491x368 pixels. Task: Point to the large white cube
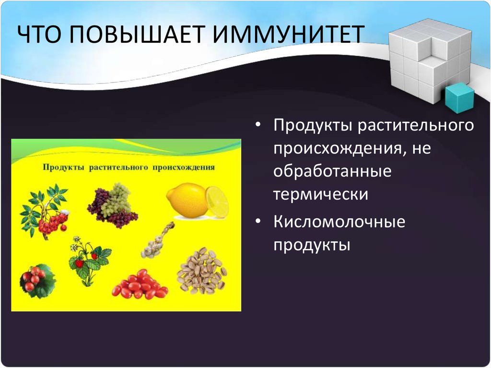[430, 59]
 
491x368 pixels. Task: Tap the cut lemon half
[217, 202]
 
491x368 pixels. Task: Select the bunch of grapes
[112, 206]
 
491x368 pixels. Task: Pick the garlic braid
[158, 240]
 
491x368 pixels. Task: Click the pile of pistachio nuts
[202, 271]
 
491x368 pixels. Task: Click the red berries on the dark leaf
[37, 281]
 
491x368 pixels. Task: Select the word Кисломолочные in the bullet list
[339, 222]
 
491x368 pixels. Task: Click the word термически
[321, 194]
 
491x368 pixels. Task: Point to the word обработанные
[332, 171]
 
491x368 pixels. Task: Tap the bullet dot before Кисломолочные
[257, 221]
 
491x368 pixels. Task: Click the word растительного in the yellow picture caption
[118, 167]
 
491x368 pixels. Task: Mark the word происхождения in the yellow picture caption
[184, 167]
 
